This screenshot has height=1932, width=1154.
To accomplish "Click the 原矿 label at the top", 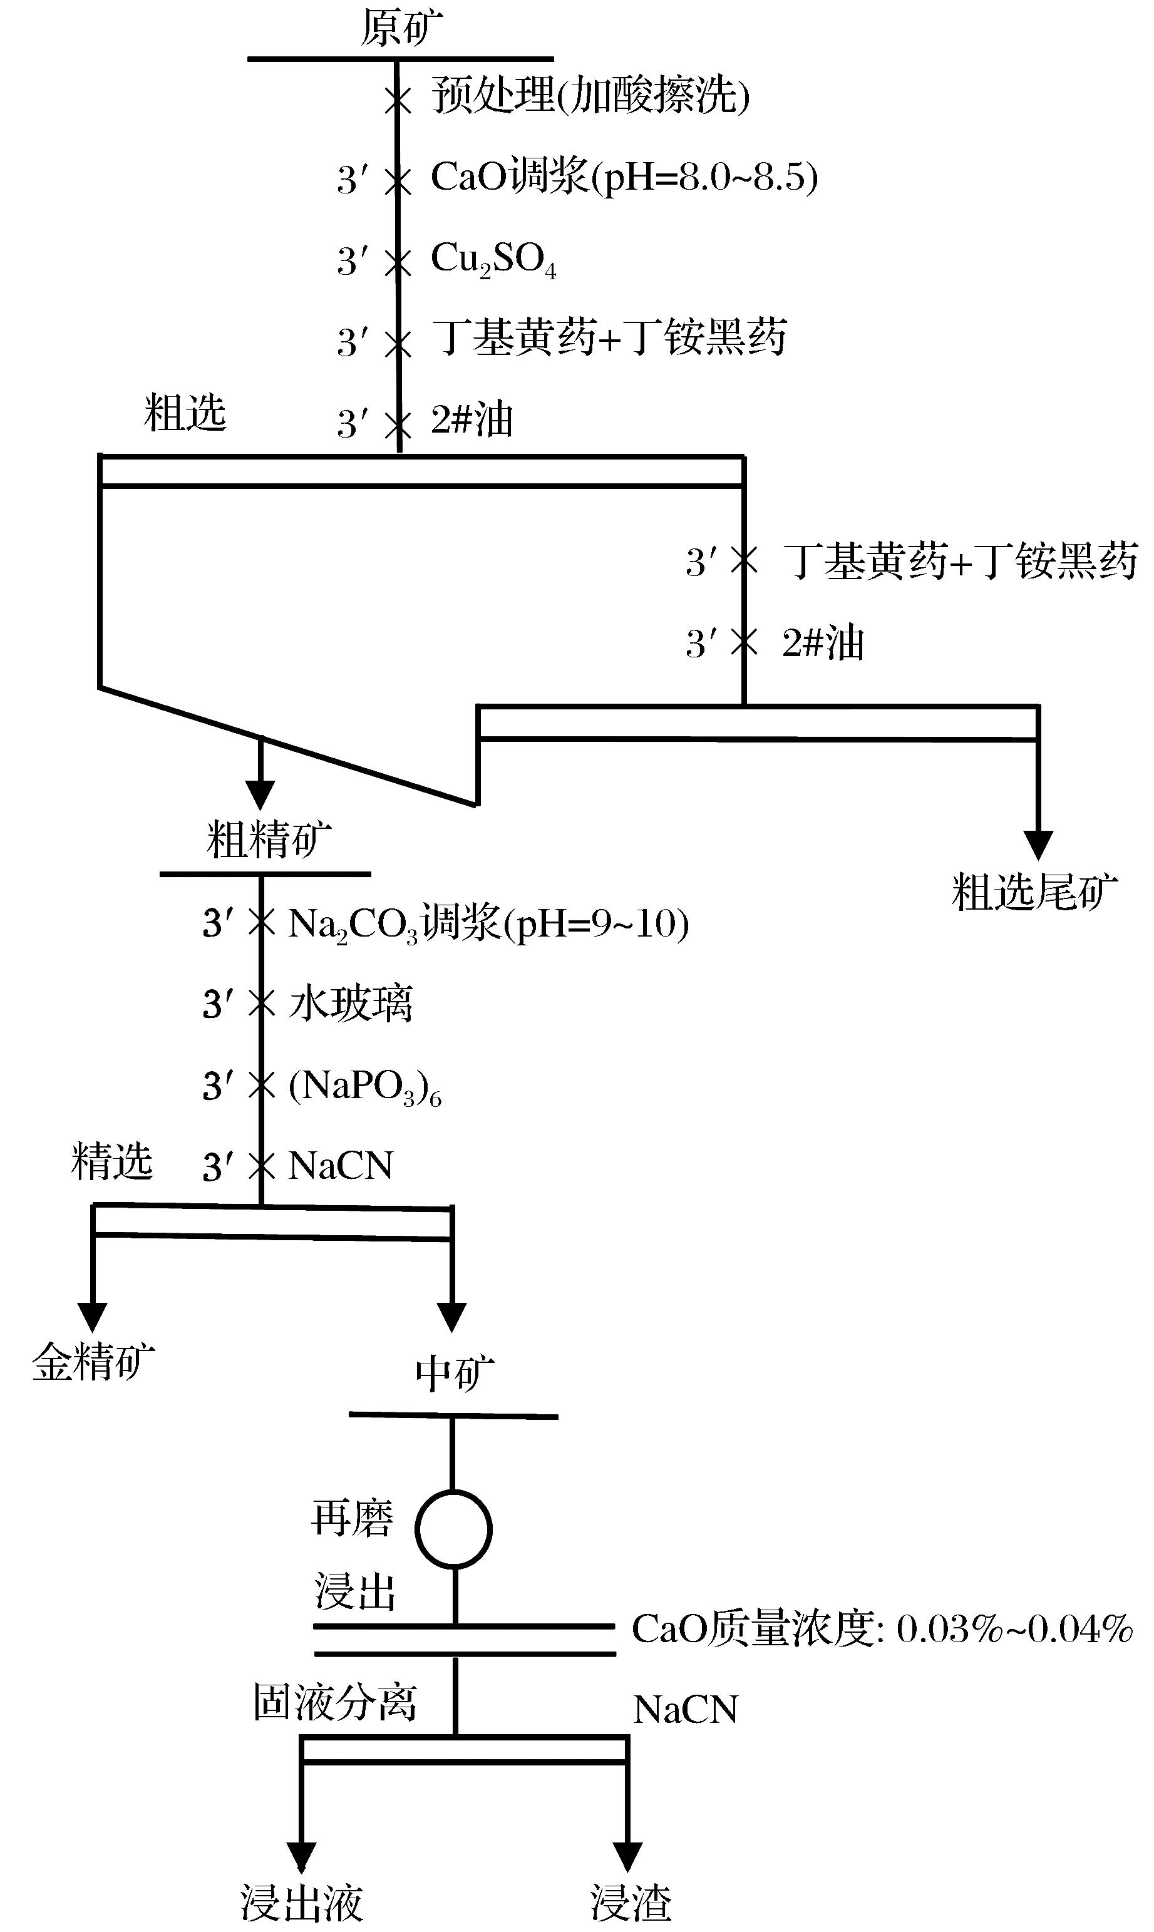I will point(401,29).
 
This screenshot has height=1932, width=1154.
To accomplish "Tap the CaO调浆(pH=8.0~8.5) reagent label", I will point(624,177).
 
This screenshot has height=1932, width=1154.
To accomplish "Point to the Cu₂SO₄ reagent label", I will point(493,260).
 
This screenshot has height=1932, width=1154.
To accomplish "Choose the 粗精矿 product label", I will point(268,840).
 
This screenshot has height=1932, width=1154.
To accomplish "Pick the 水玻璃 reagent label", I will point(350,1004).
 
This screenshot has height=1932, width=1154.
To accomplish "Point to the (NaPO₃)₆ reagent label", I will point(364,1086).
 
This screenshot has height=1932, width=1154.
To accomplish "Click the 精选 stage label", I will point(111,1161).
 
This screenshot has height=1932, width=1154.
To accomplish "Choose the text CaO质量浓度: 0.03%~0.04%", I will point(882,1629).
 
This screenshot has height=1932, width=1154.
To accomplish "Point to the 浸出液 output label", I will point(301,1903).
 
